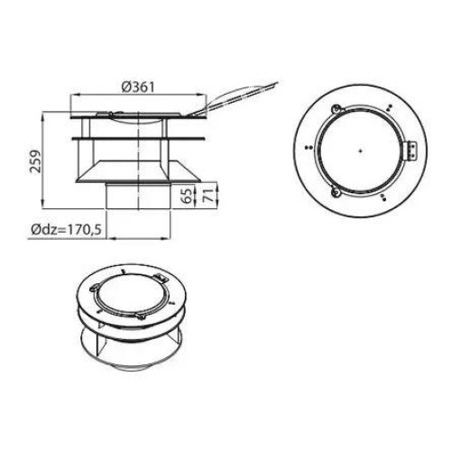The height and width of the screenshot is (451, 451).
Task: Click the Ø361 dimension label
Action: coord(138,87)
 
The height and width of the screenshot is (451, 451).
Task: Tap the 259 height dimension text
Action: coord(36,161)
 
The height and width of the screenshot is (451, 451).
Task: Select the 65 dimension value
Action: coord(187,195)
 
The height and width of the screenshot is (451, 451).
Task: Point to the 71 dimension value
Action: coord(210,195)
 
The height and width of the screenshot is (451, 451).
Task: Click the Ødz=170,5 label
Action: coord(67,230)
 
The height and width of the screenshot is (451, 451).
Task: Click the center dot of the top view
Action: coord(360,151)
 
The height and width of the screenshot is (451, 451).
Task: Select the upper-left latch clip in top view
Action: coord(336,109)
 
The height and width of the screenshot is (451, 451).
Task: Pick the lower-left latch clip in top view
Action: coord(336,192)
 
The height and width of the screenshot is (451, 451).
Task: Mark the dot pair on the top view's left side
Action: coord(308,147)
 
